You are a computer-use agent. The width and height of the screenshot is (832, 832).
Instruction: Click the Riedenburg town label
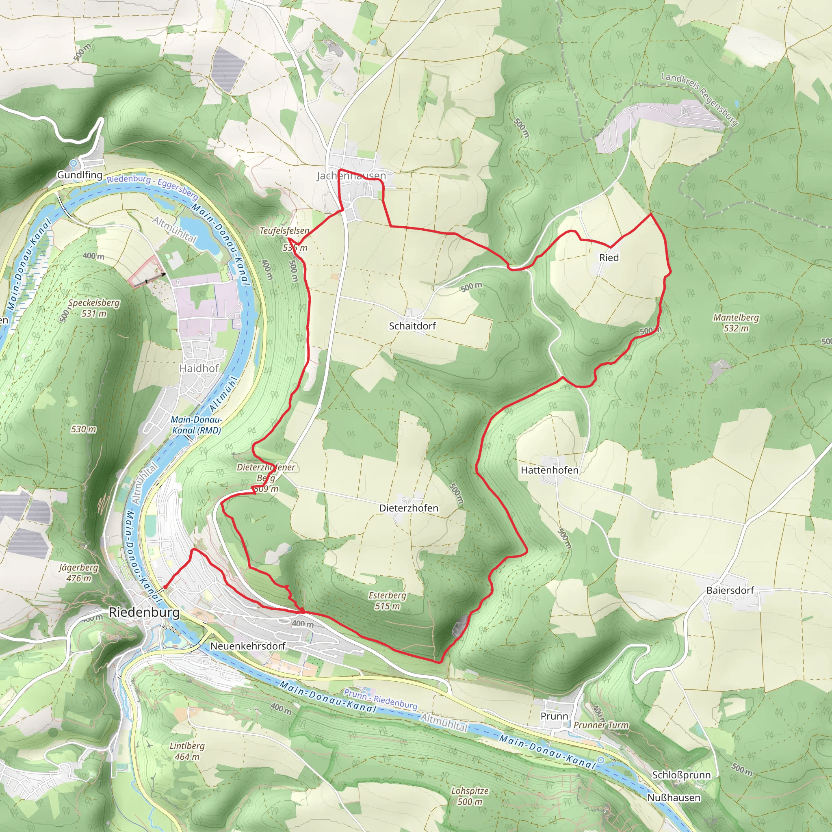144,612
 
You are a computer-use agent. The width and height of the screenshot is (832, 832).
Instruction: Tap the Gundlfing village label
80,175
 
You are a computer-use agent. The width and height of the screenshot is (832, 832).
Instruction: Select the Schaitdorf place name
412,326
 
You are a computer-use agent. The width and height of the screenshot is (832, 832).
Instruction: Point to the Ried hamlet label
609,258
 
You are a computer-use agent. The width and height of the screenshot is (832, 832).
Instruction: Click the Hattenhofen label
550,470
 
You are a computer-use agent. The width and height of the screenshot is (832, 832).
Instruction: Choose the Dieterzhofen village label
409,508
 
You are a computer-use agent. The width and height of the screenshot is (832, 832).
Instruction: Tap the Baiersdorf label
730,590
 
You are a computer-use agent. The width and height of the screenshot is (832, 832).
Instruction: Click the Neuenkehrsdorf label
248,646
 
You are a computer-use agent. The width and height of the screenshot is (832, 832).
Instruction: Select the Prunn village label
554,716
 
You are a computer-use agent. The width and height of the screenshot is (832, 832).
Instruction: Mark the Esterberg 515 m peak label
387,601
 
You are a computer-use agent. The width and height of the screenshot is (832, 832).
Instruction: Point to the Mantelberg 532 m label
736,323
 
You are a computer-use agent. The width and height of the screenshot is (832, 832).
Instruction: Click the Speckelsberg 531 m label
94,308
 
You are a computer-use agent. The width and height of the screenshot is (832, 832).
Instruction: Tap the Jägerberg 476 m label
78,573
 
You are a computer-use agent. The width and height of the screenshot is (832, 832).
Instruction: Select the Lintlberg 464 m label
187,751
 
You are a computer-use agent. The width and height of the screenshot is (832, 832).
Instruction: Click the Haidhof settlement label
199,368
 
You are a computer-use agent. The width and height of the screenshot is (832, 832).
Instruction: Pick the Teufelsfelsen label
284,231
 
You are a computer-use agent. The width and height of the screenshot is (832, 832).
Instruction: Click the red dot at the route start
165,587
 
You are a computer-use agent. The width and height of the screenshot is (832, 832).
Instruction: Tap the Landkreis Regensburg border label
700,99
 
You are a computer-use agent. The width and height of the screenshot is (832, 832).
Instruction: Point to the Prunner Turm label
601,725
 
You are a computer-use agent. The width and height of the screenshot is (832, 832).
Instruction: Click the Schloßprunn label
681,775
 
